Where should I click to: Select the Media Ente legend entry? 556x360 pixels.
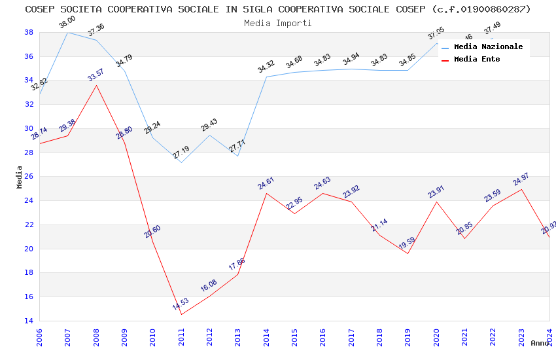[477, 60]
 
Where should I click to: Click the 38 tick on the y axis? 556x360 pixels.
[29, 32]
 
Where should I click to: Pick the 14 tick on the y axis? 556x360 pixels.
[29, 321]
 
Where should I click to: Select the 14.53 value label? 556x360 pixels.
[181, 304]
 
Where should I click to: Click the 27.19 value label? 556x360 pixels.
[181, 153]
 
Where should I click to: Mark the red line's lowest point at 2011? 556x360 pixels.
[181, 314]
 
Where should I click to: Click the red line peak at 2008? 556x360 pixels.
[96, 85]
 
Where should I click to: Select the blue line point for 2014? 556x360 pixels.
[266, 77]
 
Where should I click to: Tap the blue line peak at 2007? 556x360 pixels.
[67, 32]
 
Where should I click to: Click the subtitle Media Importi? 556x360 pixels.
[278, 23]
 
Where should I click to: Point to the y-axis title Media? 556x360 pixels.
[20, 177]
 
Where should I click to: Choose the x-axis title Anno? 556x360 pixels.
[540, 343]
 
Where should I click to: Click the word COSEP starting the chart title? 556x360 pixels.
[39, 9]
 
